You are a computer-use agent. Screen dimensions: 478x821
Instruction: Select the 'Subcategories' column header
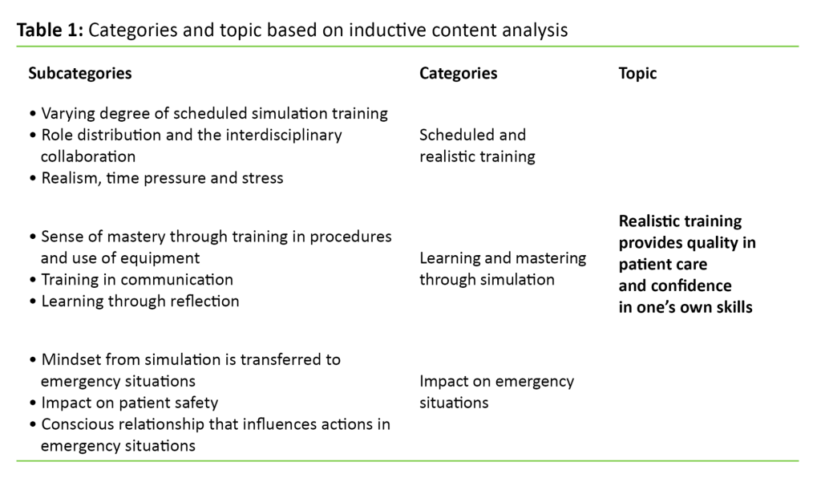click(x=79, y=73)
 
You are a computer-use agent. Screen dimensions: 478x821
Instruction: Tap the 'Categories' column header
click(x=458, y=73)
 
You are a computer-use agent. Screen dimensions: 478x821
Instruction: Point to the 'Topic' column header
click(x=637, y=73)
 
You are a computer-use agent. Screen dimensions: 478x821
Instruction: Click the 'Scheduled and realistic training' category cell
click(x=473, y=145)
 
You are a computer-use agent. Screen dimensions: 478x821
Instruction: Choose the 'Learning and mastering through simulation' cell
click(x=503, y=269)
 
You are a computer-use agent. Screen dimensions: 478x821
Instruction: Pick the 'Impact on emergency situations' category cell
click(x=496, y=391)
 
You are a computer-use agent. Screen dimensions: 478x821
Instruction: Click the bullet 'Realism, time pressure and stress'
click(x=160, y=178)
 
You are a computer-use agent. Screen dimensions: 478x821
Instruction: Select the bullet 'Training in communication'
click(x=136, y=280)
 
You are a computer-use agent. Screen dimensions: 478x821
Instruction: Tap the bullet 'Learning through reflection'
click(x=139, y=302)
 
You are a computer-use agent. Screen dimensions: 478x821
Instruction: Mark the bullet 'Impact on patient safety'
click(x=128, y=403)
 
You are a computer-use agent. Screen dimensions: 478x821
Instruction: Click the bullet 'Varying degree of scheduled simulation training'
click(x=213, y=113)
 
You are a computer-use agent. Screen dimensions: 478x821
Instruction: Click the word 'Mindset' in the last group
click(x=69, y=359)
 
